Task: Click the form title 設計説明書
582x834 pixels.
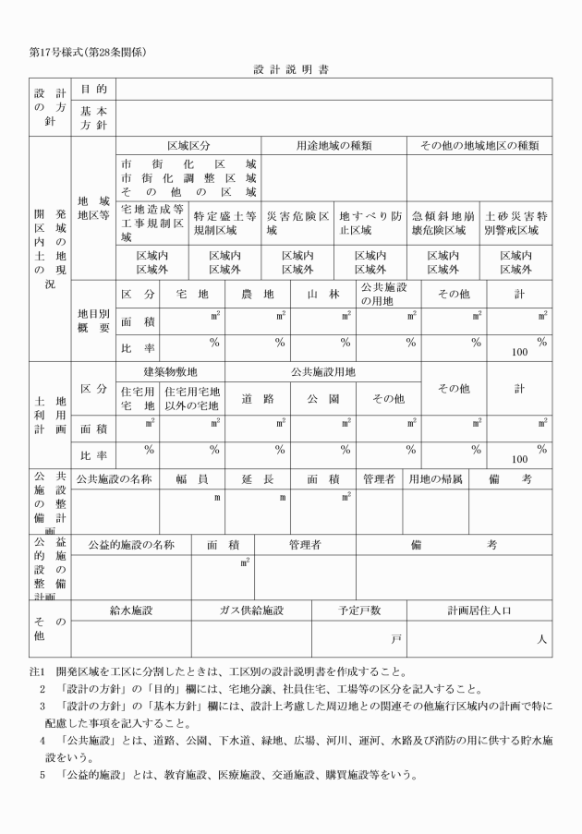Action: pyautogui.click(x=291, y=69)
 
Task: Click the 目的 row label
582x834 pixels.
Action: pyautogui.click(x=93, y=90)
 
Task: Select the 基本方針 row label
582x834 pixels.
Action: pyautogui.click(x=93, y=118)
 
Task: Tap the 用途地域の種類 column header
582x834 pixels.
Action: pyautogui.click(x=333, y=146)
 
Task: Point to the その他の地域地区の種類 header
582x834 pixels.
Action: pyautogui.click(x=479, y=146)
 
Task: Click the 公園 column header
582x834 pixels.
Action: pyautogui.click(x=323, y=399)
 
